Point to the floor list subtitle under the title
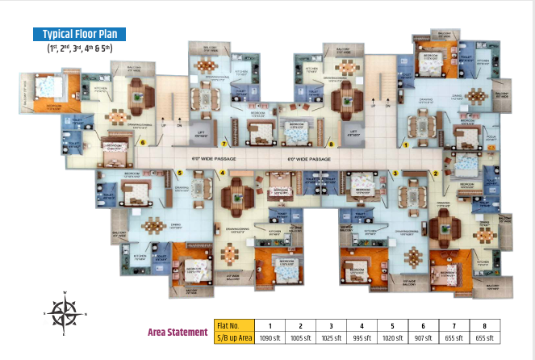[79, 49]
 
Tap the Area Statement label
[178, 331]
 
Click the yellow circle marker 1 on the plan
[408, 145]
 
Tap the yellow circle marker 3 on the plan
[395, 174]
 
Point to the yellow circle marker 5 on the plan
[179, 173]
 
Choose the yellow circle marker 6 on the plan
[142, 144]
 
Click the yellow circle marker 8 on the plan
[331, 144]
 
